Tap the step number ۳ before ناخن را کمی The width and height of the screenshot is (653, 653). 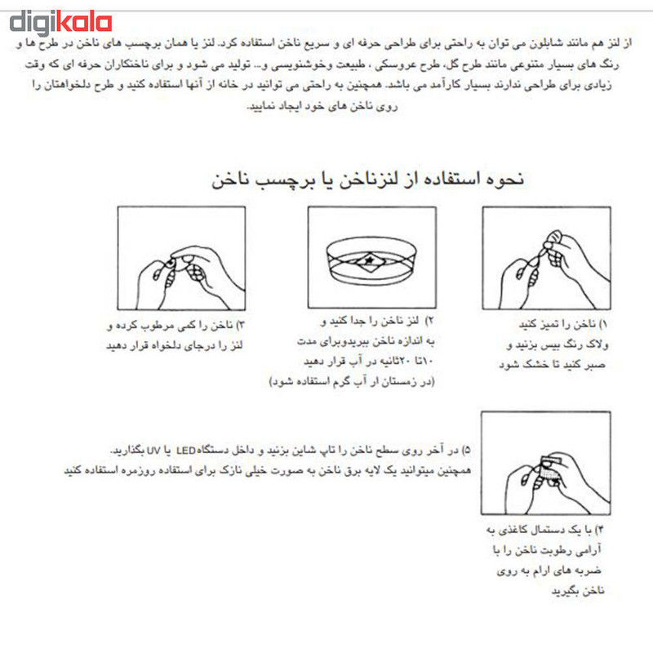pyautogui.click(x=240, y=326)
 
